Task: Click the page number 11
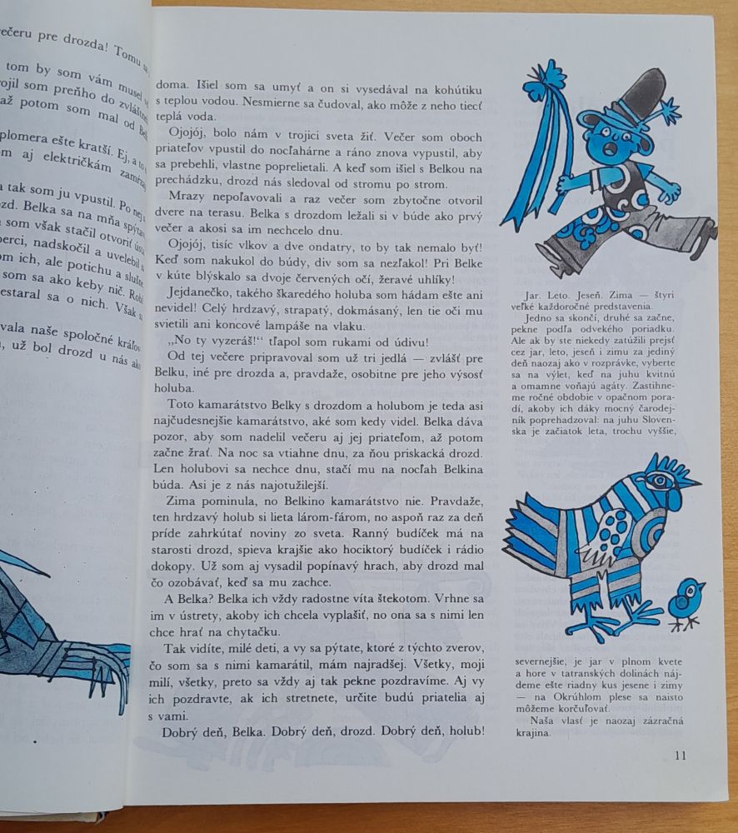[x=679, y=756]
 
